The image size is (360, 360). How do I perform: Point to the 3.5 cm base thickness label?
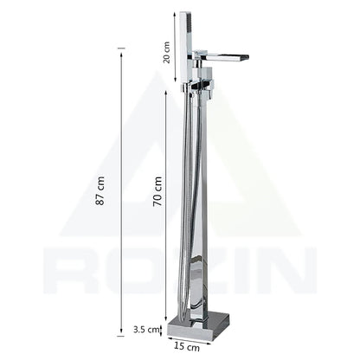tap(148, 329)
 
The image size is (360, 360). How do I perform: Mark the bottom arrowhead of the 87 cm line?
tap(121, 334)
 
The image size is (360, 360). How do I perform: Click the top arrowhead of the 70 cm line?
tap(166, 90)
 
